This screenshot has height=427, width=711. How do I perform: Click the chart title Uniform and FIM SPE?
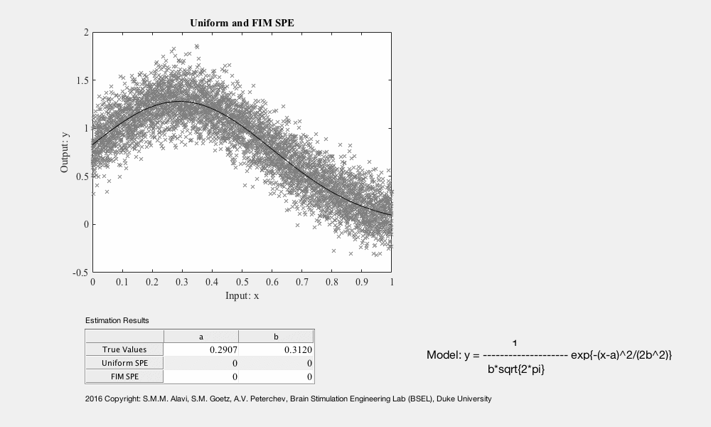[x=242, y=23]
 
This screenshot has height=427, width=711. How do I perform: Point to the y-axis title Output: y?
[x=65, y=152]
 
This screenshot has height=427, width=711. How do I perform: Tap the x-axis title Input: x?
[x=242, y=296]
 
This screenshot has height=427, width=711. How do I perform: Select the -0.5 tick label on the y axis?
[x=80, y=273]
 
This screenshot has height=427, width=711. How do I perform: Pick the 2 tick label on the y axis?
[x=86, y=32]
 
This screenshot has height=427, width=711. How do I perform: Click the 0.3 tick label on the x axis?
[x=182, y=282]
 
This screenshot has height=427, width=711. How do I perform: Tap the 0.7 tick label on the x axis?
[x=302, y=282]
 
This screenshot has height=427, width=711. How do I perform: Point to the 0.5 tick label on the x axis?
[x=242, y=282]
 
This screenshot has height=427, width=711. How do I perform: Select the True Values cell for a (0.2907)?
[x=201, y=349]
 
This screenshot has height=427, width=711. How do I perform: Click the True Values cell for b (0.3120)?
[x=276, y=349]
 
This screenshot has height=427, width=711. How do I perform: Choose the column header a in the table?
[x=201, y=336]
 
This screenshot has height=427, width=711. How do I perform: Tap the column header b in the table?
[x=276, y=336]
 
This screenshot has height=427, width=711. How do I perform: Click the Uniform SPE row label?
[x=124, y=363]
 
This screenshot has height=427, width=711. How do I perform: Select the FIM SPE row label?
[x=124, y=376]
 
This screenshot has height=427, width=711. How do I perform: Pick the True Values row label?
[x=124, y=349]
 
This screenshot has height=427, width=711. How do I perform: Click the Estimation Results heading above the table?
[x=117, y=320]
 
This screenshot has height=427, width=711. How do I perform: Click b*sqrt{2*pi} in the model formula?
[x=516, y=369]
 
